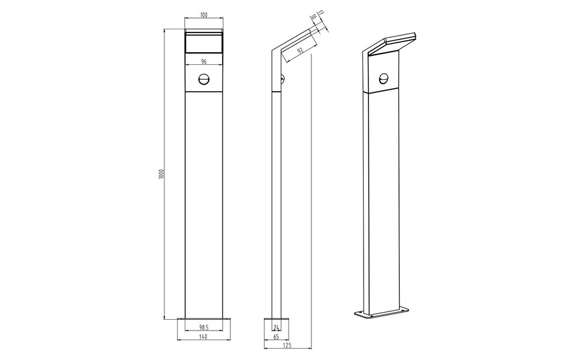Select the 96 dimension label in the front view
click(x=203, y=62)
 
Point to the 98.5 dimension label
click(x=203, y=327)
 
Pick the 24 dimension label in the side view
click(x=276, y=327)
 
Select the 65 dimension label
click(x=276, y=338)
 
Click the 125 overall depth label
click(x=287, y=347)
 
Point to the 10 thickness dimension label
click(x=313, y=19)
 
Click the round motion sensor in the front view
click(x=203, y=79)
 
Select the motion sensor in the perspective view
click(x=383, y=77)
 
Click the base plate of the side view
click(x=277, y=320)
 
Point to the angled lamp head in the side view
click(x=294, y=40)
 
